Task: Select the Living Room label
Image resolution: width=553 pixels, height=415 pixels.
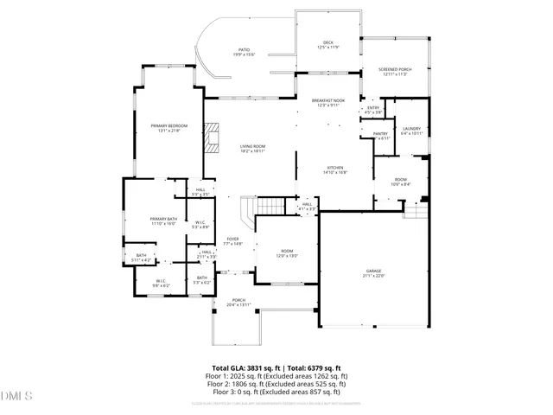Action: coord(252,149)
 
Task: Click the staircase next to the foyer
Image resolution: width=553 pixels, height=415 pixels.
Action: coord(270,207)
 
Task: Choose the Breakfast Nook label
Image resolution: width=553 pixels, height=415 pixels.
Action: coord(328,103)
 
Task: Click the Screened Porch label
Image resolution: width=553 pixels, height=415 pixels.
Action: coord(395,72)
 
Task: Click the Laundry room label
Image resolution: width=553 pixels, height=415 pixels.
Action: coord(411,131)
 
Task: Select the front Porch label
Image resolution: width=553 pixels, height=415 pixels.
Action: coord(238,303)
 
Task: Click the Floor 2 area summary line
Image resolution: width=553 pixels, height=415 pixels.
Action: coord(276,384)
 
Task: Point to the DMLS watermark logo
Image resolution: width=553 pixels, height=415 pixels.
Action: coord(16,397)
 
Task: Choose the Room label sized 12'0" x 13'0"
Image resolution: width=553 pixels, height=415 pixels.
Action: coord(287,253)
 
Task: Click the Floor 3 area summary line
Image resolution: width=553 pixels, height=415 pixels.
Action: coord(276,392)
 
